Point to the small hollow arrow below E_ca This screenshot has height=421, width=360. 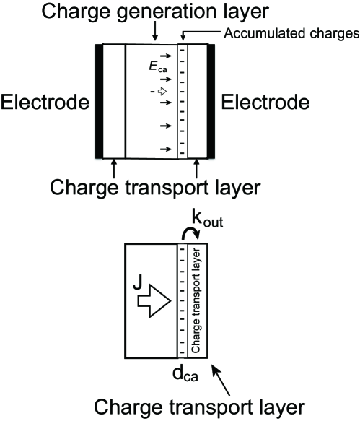[165, 92]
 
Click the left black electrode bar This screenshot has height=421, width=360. [100, 100]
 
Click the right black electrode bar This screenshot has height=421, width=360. [211, 100]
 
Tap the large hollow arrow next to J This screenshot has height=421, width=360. [155, 296]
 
